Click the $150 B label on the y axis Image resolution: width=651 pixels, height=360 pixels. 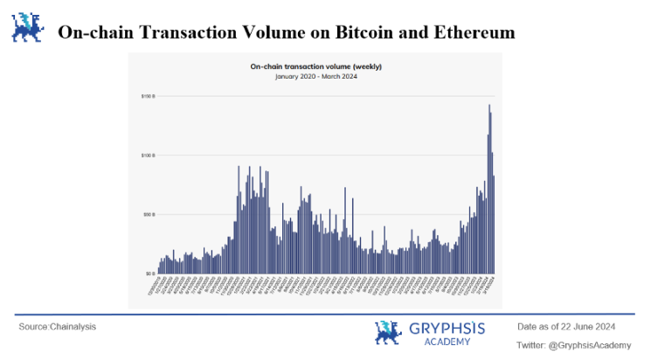(x=148, y=95)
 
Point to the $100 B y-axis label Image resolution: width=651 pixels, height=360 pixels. (x=148, y=155)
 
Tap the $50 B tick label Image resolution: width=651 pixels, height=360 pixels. (x=149, y=214)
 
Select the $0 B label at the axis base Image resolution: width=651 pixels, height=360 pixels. (x=149, y=273)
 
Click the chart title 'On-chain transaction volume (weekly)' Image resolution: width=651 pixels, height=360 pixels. (x=316, y=66)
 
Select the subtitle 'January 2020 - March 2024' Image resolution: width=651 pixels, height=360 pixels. (x=316, y=76)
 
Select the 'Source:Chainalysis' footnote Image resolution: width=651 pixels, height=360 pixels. (x=58, y=327)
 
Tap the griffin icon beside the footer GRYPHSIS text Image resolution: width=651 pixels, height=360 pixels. (x=389, y=332)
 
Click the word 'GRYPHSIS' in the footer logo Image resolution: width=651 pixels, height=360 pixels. (x=446, y=329)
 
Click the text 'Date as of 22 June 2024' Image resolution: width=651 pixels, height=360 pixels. (x=566, y=326)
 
